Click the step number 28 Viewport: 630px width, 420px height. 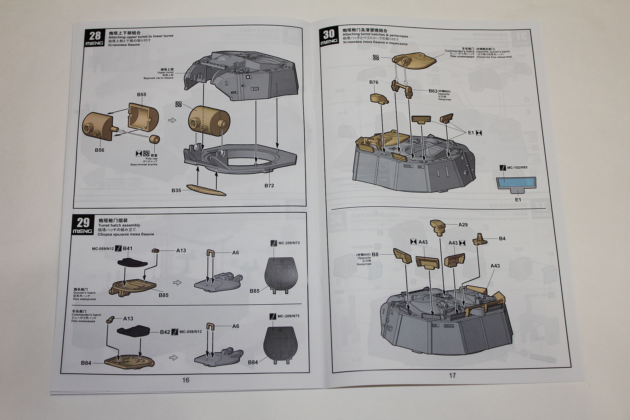[x=95, y=36]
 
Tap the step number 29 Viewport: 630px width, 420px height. [x=83, y=222]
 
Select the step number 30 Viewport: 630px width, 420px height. [x=329, y=34]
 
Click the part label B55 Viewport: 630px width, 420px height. [x=141, y=95]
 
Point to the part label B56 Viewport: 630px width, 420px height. [x=100, y=150]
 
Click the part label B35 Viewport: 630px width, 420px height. [x=176, y=190]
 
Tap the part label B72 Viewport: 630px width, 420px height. [x=269, y=186]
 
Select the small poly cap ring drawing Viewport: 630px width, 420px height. [x=154, y=139]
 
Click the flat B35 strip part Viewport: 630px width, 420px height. [x=206, y=190]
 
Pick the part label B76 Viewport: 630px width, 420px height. [x=374, y=82]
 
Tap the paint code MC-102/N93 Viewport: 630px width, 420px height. [x=517, y=168]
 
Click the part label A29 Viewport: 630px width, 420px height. [x=463, y=225]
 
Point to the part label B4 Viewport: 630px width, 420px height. [x=502, y=239]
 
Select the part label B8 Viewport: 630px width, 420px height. [x=375, y=254]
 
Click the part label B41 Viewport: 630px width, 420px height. [x=128, y=248]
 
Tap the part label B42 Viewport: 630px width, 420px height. [x=165, y=332]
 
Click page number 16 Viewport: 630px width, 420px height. [x=186, y=380]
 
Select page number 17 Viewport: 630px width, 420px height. [x=452, y=375]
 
